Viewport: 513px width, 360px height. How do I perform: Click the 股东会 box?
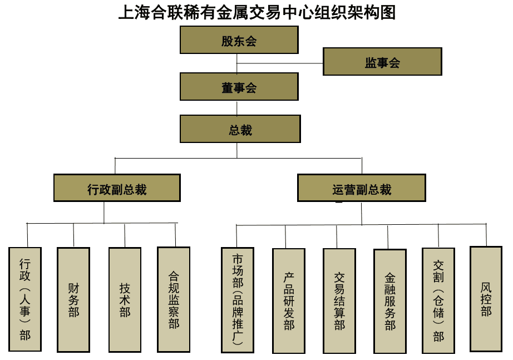pyautogui.click(x=239, y=40)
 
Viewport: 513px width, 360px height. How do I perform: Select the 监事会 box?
pyautogui.click(x=382, y=61)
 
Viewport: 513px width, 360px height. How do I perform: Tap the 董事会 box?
pyautogui.click(x=239, y=87)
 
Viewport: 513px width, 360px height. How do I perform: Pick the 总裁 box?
pyautogui.click(x=240, y=129)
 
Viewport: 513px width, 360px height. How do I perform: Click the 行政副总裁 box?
pyautogui.click(x=117, y=188)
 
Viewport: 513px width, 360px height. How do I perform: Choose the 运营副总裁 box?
pyautogui.click(x=362, y=188)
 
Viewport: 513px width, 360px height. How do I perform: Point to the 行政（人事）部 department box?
pyautogui.click(x=25, y=299)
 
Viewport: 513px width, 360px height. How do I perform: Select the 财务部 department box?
pyautogui.click(x=73, y=299)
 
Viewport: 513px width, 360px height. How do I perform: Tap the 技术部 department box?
pyautogui.click(x=125, y=299)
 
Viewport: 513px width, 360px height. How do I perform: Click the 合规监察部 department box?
pyautogui.click(x=174, y=299)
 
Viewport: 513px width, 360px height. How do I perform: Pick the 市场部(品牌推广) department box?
pyautogui.click(x=238, y=300)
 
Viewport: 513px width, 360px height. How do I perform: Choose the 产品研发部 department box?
pyautogui.click(x=289, y=300)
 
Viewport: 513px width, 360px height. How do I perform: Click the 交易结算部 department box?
pyautogui.click(x=339, y=300)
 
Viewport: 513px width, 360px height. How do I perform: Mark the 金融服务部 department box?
pyautogui.click(x=390, y=301)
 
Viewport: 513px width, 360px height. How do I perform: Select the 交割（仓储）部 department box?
pyautogui.click(x=438, y=300)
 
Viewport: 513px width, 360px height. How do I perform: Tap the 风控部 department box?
pyautogui.click(x=486, y=299)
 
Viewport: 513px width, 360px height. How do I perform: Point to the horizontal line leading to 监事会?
pyautogui.click(x=280, y=63)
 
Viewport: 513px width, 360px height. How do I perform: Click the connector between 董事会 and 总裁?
pyautogui.click(x=238, y=107)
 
